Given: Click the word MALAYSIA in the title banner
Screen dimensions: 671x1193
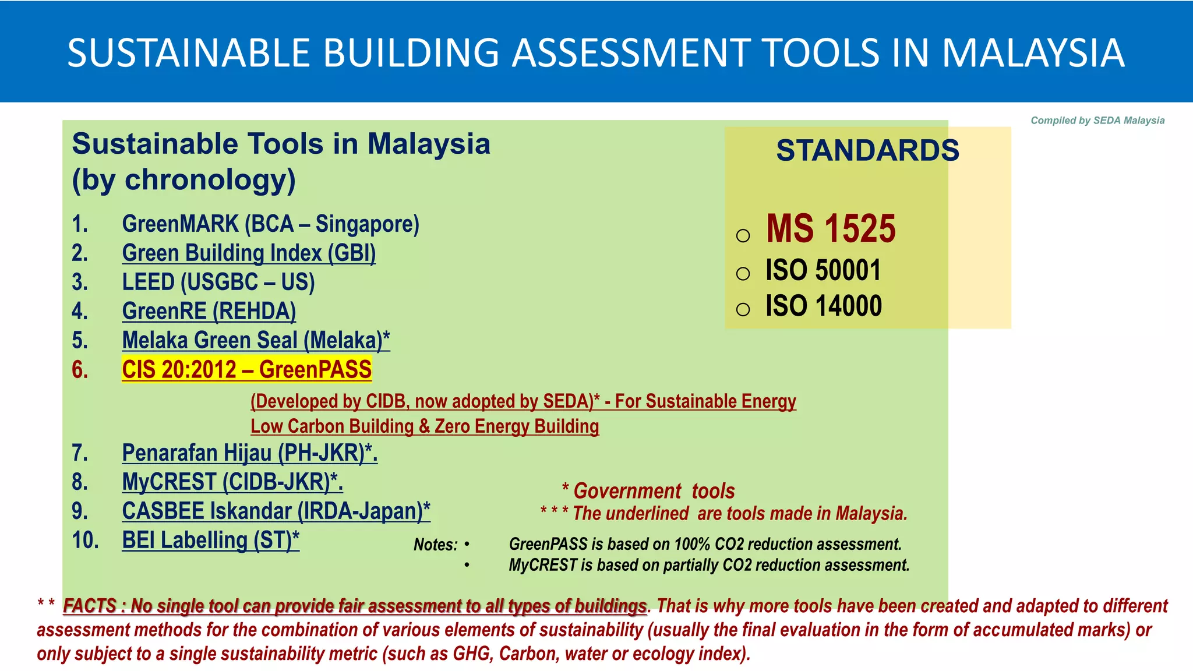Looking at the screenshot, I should pyautogui.click(x=1032, y=53).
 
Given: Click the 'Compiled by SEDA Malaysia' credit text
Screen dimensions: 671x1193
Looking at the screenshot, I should pyautogui.click(x=1097, y=121).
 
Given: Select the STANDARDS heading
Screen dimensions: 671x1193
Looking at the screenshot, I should pyautogui.click(x=867, y=150).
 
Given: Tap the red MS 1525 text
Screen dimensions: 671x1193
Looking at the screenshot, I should pyautogui.click(x=830, y=228).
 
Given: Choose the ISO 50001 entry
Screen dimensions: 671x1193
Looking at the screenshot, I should pyautogui.click(x=823, y=270).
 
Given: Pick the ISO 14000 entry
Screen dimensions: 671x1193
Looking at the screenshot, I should pyautogui.click(x=823, y=306).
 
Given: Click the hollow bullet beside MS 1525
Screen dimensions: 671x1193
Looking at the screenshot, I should pyautogui.click(x=743, y=235).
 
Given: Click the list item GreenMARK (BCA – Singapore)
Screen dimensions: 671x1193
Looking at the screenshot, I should pyautogui.click(x=270, y=224).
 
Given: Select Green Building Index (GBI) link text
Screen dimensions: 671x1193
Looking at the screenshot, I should pyautogui.click(x=249, y=253).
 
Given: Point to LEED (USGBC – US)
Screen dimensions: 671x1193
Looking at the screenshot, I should pyautogui.click(x=218, y=282).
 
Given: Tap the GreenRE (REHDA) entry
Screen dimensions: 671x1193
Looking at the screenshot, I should pyautogui.click(x=209, y=312).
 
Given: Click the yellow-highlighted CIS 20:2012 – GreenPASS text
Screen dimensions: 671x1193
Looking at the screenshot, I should pyautogui.click(x=246, y=370).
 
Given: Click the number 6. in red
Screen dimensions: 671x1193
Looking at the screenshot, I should pyautogui.click(x=80, y=370).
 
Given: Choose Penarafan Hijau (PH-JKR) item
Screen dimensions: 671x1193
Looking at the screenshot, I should pyautogui.click(x=249, y=453).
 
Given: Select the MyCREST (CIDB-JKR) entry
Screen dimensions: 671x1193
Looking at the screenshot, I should pyautogui.click(x=232, y=482).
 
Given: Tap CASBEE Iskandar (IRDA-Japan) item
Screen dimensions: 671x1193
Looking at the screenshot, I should pyautogui.click(x=276, y=511).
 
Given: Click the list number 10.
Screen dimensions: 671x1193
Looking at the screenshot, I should pyautogui.click(x=85, y=541).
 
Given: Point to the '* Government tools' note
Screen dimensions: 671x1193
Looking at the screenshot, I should pyautogui.click(x=648, y=491).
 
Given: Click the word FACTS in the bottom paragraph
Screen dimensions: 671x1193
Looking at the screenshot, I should pyautogui.click(x=90, y=606).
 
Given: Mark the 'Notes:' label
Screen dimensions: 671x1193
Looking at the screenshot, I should pyautogui.click(x=435, y=545).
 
